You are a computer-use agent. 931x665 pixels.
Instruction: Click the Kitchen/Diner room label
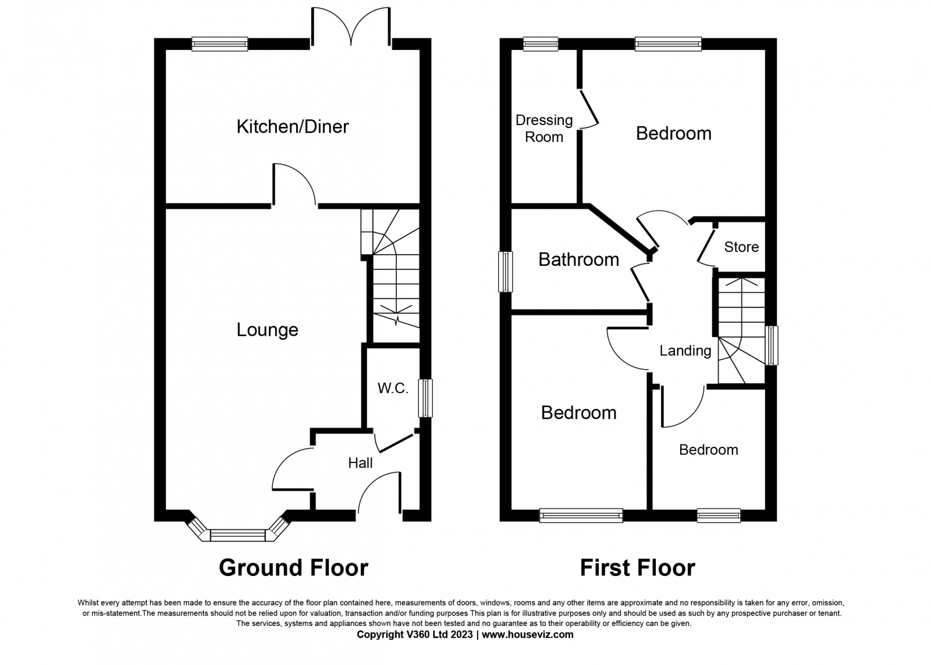(292, 126)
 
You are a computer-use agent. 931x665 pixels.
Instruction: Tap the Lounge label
(267, 330)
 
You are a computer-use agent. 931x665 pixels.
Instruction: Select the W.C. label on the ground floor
(393, 388)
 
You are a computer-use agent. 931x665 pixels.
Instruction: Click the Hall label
(360, 463)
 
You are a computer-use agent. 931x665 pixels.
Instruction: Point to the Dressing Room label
(544, 129)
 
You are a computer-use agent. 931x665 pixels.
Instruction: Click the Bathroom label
(578, 259)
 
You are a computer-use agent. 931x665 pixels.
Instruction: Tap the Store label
(741, 247)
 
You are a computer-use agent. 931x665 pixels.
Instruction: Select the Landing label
(685, 350)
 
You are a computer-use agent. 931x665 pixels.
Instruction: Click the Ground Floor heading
(293, 567)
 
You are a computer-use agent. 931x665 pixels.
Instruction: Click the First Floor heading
(637, 567)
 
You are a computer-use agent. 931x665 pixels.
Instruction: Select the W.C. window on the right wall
(426, 398)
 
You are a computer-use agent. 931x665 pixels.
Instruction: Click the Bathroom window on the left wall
(505, 271)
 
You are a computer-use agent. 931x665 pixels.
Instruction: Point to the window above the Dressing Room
(540, 44)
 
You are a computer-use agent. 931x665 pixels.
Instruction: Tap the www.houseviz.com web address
(527, 635)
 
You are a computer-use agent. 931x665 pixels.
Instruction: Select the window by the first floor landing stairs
(772, 345)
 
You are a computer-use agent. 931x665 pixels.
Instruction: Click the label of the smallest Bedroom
(708, 450)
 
